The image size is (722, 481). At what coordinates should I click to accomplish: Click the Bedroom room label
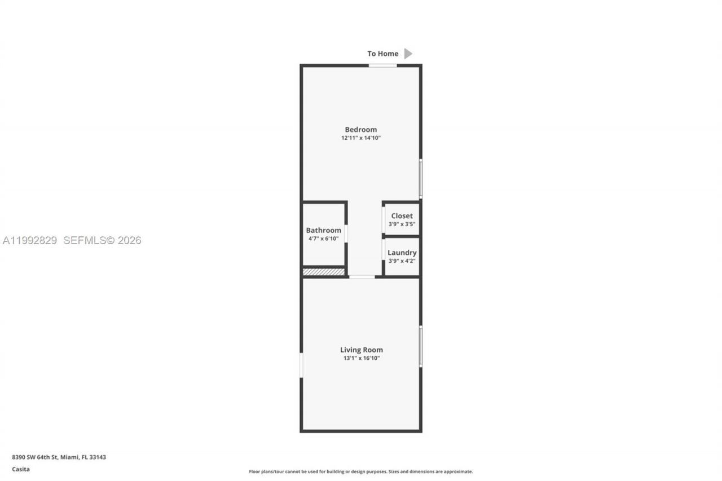[x=360, y=130]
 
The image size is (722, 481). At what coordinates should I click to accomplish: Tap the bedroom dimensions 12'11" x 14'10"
[x=360, y=138]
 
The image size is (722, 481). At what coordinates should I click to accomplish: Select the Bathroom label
[x=323, y=230]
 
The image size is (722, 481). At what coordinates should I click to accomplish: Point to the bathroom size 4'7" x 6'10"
[x=323, y=239]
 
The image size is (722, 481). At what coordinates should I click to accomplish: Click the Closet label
[x=402, y=216]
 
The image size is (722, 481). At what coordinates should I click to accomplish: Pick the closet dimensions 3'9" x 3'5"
[x=402, y=224]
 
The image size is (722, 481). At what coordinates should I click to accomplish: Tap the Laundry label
[x=402, y=253]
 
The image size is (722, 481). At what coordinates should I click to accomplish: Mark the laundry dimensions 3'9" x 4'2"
[x=402, y=261]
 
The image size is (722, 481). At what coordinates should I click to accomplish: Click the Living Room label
[x=361, y=350]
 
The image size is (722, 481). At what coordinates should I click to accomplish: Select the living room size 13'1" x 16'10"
[x=361, y=358]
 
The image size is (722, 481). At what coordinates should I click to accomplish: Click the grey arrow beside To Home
[x=408, y=54]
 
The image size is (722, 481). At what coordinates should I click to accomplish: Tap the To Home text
[x=382, y=54]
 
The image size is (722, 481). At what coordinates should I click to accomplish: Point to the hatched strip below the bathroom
[x=323, y=272]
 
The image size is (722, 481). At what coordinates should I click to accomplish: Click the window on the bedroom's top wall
[x=382, y=65]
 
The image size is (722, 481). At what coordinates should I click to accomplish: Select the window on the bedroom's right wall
[x=420, y=178]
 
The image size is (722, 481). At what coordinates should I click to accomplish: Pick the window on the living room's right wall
[x=420, y=346]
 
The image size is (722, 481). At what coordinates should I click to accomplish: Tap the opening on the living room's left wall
[x=301, y=365]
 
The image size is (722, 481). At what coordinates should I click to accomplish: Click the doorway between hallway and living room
[x=362, y=276]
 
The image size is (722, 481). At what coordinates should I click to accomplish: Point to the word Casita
[x=21, y=469]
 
